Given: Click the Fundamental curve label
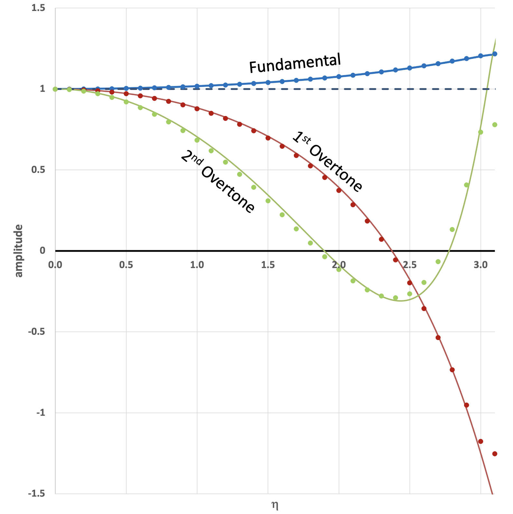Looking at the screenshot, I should coord(295,63).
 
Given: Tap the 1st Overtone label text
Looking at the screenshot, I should coord(328,162).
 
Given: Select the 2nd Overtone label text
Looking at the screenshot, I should coord(218,181).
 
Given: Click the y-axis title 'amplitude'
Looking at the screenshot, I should coord(19,251).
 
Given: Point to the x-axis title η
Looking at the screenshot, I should coord(275,505).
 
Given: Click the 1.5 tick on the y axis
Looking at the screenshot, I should coord(38,8).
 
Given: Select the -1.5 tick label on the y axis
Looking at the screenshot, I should coord(36,493).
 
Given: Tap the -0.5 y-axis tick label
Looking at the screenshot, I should coord(36,332).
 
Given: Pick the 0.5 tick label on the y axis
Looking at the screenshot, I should coord(38,170).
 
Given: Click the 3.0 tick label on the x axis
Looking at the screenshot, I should coord(480,265).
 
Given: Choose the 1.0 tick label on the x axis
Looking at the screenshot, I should coord(197,265).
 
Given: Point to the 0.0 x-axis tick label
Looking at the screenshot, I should coord(55,265).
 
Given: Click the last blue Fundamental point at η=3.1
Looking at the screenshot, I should coord(495,54).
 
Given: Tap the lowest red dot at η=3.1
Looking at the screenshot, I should coord(495,454).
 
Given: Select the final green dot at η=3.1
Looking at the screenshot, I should coord(495,125).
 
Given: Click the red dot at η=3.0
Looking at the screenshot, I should coord(480,441).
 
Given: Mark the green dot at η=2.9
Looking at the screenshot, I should coord(466,185).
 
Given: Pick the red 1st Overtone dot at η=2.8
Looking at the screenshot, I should coord(452,370).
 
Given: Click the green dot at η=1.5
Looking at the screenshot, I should coord(268,201).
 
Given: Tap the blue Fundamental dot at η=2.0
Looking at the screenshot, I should coord(339,77).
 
